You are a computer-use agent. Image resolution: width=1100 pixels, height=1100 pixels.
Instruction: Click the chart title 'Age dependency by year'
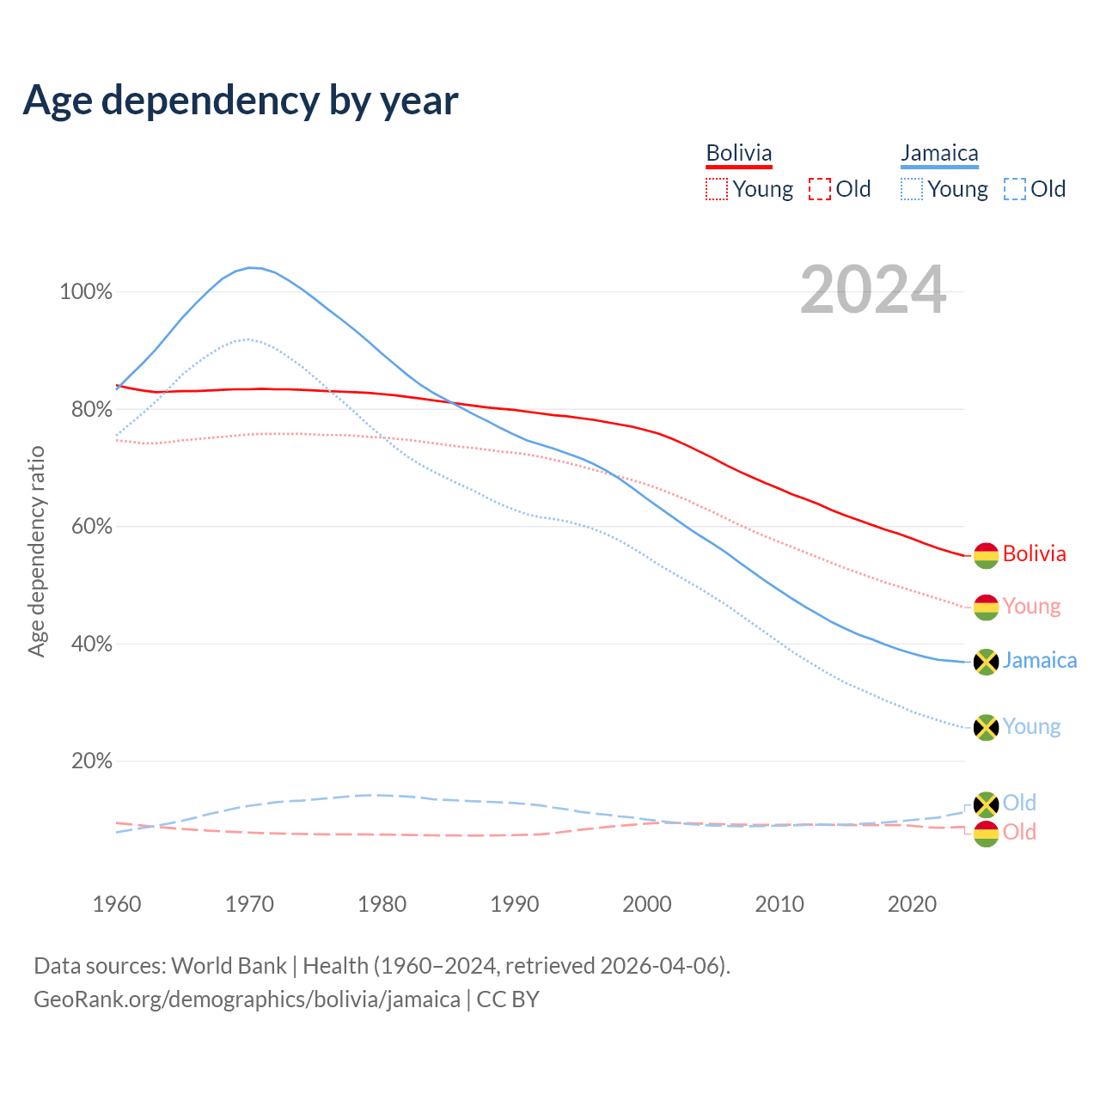[241, 101]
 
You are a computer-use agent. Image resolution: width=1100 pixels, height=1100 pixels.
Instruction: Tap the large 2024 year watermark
[873, 290]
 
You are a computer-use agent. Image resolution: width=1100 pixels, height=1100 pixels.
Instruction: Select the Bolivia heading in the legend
[739, 153]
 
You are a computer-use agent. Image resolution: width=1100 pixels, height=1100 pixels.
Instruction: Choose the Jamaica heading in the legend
[939, 153]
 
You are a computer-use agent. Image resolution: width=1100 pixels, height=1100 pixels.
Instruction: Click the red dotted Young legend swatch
[716, 189]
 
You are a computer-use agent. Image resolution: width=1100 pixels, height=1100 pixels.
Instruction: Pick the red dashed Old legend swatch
[820, 189]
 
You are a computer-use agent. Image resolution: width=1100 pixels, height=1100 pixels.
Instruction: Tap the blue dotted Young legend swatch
[911, 189]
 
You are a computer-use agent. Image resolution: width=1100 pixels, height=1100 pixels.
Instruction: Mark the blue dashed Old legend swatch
[1015, 189]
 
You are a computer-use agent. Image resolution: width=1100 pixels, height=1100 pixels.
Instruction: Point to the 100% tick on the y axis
[86, 292]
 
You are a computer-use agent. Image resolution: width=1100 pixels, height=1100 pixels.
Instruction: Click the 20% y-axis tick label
[86, 761]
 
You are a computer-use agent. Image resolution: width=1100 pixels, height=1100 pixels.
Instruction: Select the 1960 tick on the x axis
[117, 904]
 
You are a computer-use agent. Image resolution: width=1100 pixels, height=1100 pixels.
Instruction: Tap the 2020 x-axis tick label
[912, 904]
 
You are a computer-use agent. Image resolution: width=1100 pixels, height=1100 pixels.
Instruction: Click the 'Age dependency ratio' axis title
[36, 551]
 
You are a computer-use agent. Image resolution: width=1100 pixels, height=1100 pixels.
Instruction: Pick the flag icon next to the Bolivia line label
[986, 555]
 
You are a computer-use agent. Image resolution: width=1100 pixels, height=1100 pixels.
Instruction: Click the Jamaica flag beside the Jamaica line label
[986, 662]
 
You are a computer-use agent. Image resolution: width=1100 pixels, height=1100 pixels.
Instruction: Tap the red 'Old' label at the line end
[1019, 832]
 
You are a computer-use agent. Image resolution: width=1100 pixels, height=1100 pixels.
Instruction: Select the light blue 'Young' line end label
[1031, 727]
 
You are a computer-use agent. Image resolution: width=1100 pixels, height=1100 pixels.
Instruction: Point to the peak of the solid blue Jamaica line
[250, 267]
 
